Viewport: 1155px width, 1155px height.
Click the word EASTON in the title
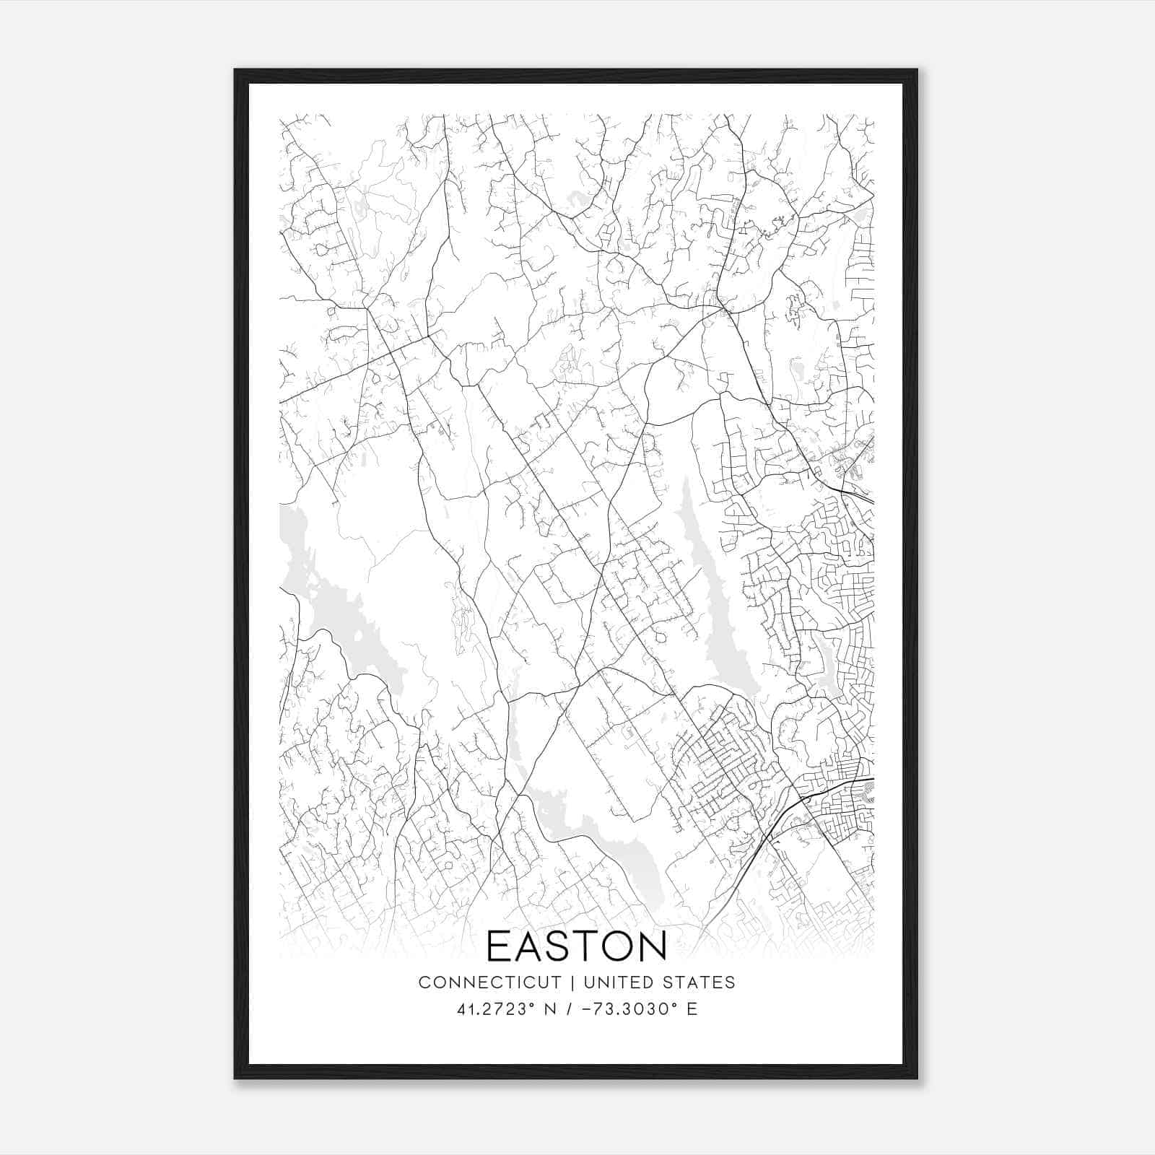[x=577, y=946]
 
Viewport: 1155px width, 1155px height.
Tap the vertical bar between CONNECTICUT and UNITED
[x=572, y=982]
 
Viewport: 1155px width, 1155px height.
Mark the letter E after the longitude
[x=692, y=1009]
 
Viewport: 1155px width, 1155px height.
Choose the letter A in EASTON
[x=521, y=946]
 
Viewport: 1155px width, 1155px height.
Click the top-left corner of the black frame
[x=235, y=70]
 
